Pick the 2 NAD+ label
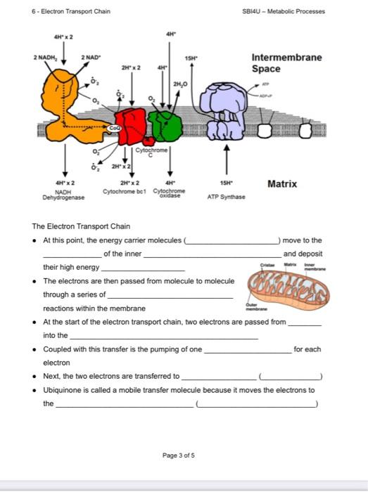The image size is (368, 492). (x=92, y=57)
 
